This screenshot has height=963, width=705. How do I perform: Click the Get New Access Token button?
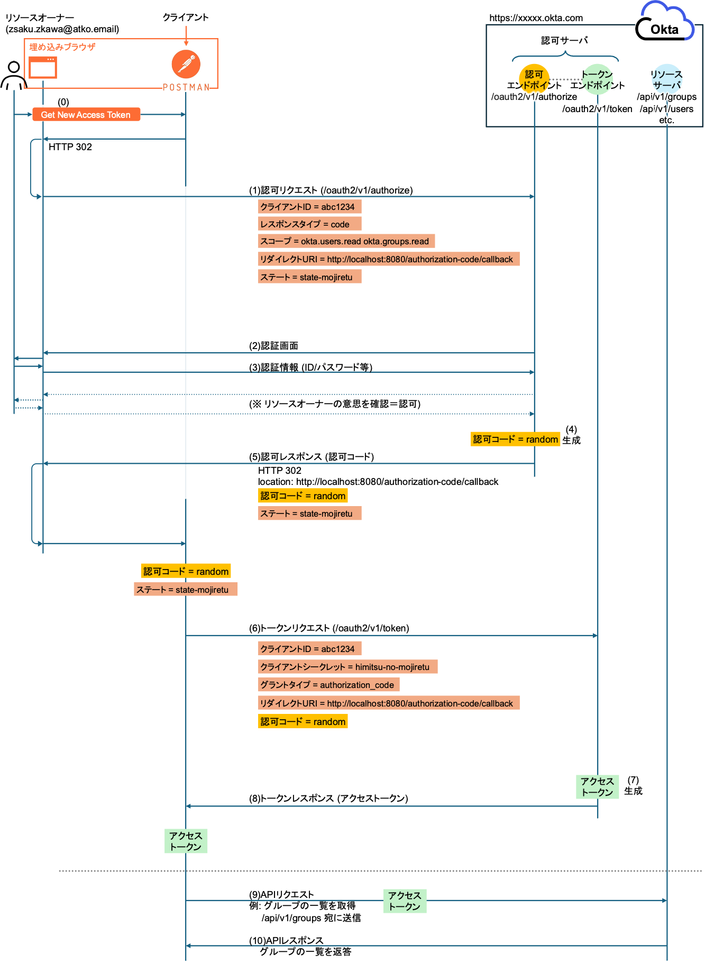[86, 115]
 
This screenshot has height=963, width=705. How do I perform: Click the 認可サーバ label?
[564, 40]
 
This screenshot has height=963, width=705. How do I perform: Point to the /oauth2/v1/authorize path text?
[534, 97]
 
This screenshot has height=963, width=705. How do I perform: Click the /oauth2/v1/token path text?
[597, 109]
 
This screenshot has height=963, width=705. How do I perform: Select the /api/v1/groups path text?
[666, 97]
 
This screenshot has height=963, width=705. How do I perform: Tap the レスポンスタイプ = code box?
[309, 224]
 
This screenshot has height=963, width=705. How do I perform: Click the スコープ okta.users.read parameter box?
[346, 241]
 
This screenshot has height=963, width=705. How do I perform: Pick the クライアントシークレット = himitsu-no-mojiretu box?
[347, 667]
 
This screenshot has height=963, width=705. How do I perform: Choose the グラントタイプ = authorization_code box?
[328, 685]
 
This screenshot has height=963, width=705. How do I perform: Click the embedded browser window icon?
[42, 68]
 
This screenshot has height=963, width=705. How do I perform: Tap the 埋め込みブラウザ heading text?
[62, 47]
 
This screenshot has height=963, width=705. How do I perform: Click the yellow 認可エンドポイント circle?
[534, 79]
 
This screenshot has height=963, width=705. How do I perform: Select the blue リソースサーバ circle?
[667, 78]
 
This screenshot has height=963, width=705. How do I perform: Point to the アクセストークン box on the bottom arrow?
[405, 901]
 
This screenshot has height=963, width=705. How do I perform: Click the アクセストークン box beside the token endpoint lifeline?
[597, 786]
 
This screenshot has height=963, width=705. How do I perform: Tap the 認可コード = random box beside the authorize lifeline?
[515, 439]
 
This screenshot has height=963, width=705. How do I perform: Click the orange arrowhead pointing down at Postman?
[186, 43]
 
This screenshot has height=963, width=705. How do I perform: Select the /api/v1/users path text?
[666, 109]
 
